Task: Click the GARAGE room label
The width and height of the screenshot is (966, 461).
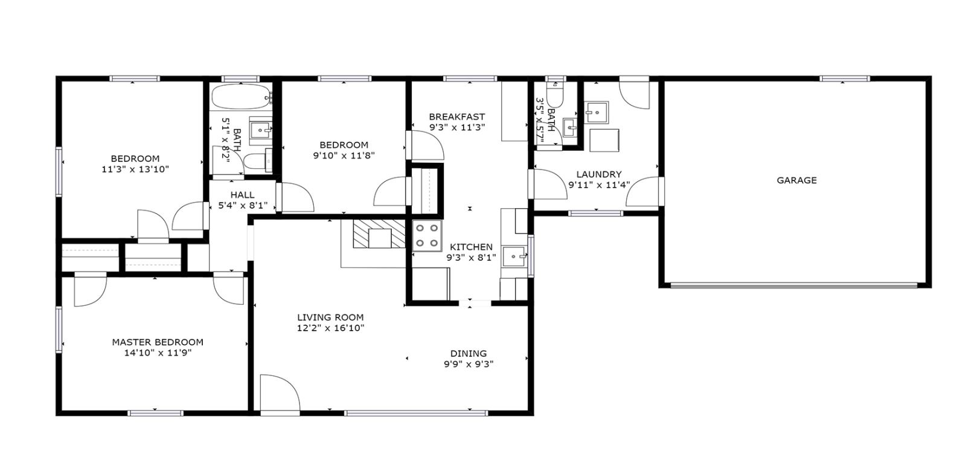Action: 796,180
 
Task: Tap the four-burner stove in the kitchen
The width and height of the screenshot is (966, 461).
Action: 427,236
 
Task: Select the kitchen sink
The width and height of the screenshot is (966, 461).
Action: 514,256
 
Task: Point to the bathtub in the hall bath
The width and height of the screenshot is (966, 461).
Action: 241,97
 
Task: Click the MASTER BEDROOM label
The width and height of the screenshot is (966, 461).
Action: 158,342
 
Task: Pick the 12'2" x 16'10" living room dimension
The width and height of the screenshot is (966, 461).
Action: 330,328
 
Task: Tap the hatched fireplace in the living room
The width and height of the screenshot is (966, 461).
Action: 379,234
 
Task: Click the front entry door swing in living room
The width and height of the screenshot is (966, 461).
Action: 280,393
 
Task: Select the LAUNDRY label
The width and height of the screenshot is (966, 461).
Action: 598,174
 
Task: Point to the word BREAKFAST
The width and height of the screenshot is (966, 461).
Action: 456,116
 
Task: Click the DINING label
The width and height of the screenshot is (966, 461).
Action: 469,353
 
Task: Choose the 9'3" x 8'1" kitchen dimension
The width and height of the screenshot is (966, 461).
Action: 471,258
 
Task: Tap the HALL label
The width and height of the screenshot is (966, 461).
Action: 242,195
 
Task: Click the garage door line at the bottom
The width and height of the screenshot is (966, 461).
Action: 794,285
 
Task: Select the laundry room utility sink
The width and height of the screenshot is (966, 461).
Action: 597,113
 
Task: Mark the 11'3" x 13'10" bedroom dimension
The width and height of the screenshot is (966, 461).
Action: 135,170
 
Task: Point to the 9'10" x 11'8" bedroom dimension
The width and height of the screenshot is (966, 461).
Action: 344,156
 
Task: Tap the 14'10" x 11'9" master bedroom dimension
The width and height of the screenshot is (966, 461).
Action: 158,353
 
